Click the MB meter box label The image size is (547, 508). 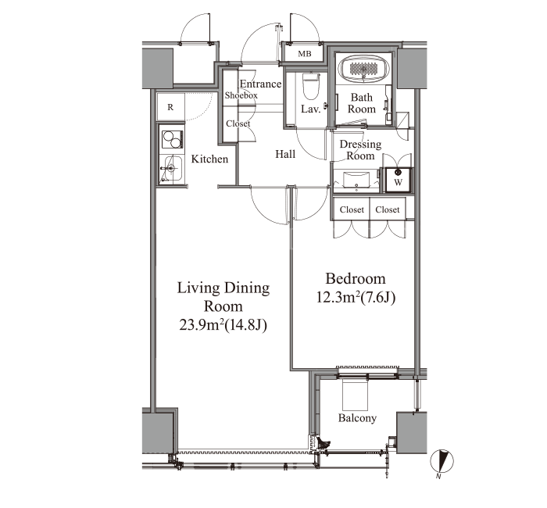click(x=305, y=54)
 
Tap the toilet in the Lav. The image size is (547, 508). click(x=311, y=86)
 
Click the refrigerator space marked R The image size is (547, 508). click(x=170, y=107)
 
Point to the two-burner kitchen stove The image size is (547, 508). click(x=172, y=140)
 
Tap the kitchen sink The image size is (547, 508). click(x=173, y=168)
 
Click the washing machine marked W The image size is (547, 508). click(x=398, y=180)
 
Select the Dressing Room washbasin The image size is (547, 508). click(x=356, y=181)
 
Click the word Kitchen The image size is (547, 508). click(x=209, y=159)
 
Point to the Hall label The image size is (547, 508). click(x=285, y=154)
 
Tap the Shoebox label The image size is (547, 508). click(x=241, y=95)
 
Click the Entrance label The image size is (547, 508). click(x=260, y=84)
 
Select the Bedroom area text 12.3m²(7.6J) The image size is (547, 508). click(x=356, y=298)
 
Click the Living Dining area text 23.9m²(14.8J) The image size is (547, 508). click(x=223, y=325)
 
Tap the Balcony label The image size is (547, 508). click(x=357, y=418)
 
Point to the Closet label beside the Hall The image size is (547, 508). click(x=238, y=123)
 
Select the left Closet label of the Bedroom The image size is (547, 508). click(x=352, y=209)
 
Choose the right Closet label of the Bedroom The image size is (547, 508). click(x=388, y=209)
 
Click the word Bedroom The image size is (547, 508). click(x=356, y=279)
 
